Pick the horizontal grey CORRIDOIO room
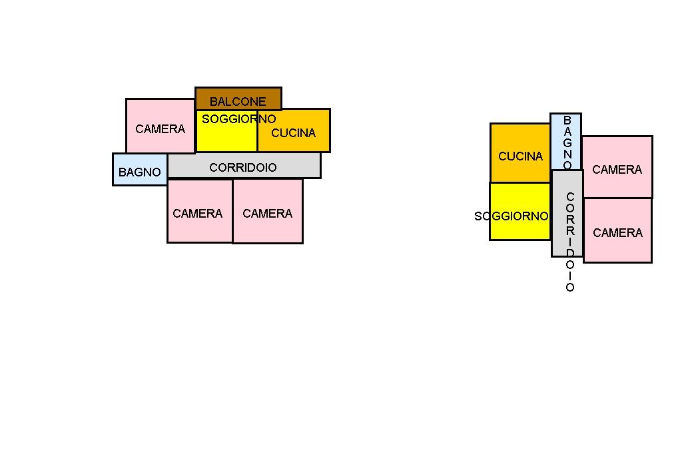tap(244, 166)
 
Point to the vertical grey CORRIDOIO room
tap(567, 213)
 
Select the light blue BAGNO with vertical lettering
tap(565, 141)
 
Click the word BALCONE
tap(238, 102)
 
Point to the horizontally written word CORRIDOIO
tap(243, 168)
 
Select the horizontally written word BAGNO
tap(139, 172)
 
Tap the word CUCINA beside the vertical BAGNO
tap(521, 156)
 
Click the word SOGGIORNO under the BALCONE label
tap(238, 119)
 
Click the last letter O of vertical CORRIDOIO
tap(570, 288)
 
